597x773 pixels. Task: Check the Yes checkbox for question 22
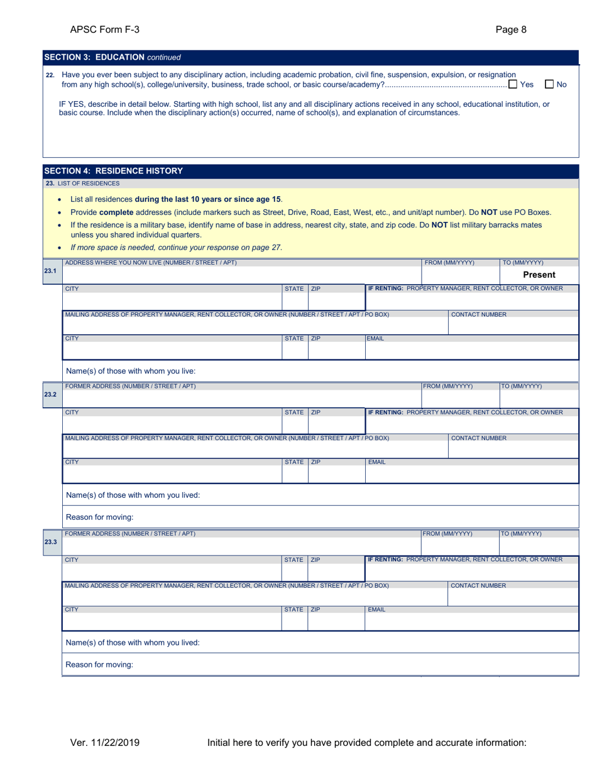pos(513,84)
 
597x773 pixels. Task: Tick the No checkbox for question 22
pos(549,84)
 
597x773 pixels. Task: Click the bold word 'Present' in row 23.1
pos(539,275)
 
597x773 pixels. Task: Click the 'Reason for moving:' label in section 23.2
pos(99,517)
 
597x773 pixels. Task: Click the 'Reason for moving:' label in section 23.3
pos(99,664)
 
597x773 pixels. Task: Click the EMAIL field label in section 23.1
pos(376,338)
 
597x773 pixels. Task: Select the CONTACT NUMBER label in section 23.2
pos(479,438)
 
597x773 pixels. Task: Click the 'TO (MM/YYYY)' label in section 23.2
pos(522,386)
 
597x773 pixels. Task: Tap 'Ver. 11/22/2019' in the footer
pos(104,743)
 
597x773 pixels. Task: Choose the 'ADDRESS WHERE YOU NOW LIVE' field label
pos(151,262)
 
